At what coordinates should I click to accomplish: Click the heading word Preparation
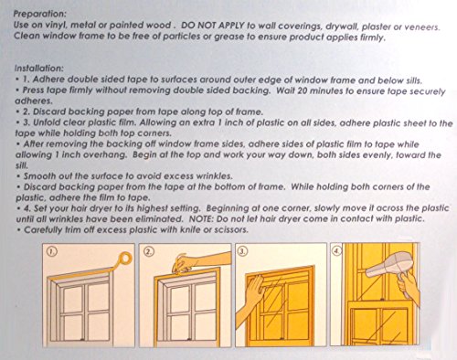pyautogui.click(x=39, y=14)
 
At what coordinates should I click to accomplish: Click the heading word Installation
pyautogui.click(x=39, y=69)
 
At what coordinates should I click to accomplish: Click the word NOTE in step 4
pyautogui.click(x=199, y=218)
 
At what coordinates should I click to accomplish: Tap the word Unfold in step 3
pyautogui.click(x=47, y=122)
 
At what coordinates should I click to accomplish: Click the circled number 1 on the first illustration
pyautogui.click(x=52, y=251)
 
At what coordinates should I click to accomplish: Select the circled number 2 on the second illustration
pyautogui.click(x=149, y=251)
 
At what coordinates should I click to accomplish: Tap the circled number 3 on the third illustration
pyautogui.click(x=242, y=251)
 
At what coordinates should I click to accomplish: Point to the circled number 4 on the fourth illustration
pyautogui.click(x=336, y=251)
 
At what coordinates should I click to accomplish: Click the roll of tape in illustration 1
pyautogui.click(x=125, y=259)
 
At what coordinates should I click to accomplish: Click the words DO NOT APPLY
pyautogui.click(x=213, y=26)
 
